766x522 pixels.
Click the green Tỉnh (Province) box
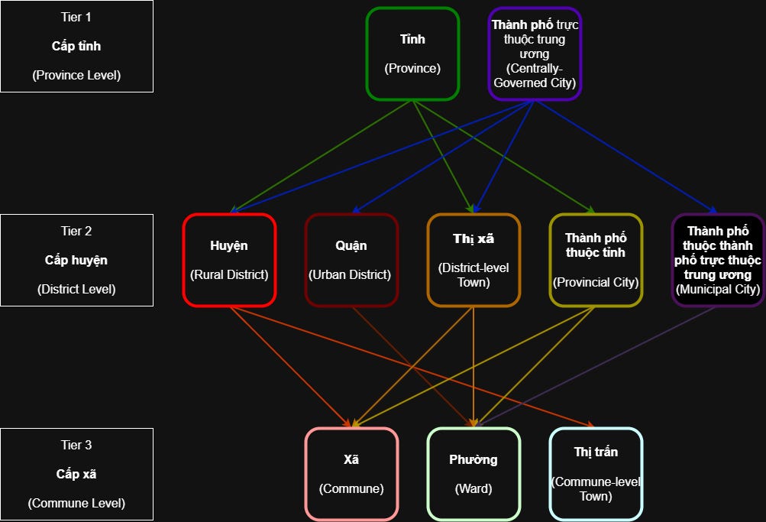(x=412, y=53)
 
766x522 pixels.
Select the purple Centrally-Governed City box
(x=535, y=53)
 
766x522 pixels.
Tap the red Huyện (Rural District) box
(x=229, y=260)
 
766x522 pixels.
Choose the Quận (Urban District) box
(x=351, y=260)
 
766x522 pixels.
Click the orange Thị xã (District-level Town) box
(x=473, y=260)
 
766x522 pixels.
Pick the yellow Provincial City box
(x=596, y=260)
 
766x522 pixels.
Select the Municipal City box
(x=718, y=260)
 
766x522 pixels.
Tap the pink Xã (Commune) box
(x=351, y=474)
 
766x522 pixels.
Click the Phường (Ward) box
(x=473, y=474)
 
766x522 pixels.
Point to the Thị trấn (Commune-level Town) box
(x=596, y=474)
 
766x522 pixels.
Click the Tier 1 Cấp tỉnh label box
(x=76, y=46)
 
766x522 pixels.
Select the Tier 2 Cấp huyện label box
(x=76, y=260)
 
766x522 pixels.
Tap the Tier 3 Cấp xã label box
(x=76, y=474)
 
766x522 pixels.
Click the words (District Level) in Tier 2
(x=76, y=290)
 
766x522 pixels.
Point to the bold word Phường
(x=473, y=460)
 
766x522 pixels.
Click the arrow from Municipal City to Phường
(x=596, y=366)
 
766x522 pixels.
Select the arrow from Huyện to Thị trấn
(x=412, y=367)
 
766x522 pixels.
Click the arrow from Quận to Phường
(x=412, y=366)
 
